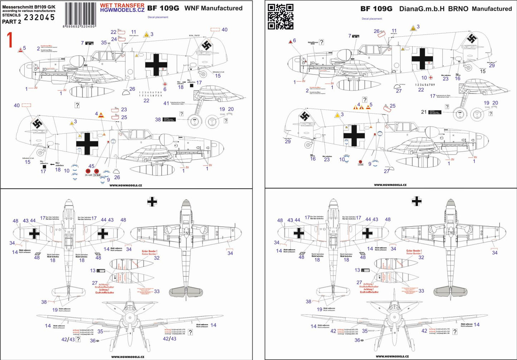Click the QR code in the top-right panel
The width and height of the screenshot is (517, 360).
(281, 16)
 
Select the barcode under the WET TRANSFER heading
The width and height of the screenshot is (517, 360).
(78, 22)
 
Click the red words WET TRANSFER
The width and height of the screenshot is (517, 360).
(122, 5)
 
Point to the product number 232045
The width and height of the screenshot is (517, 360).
(39, 17)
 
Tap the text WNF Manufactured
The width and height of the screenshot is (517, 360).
(213, 8)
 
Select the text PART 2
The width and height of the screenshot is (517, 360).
(11, 21)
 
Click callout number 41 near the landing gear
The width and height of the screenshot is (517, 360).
(166, 103)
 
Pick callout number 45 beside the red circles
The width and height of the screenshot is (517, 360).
(92, 166)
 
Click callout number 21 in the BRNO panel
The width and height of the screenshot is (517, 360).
(424, 112)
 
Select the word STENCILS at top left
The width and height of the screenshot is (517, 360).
(11, 15)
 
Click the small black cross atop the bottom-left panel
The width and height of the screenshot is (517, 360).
(152, 202)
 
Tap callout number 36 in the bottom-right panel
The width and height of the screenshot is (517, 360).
(357, 340)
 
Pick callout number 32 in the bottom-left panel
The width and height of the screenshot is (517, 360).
(157, 258)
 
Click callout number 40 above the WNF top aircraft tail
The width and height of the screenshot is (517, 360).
(224, 30)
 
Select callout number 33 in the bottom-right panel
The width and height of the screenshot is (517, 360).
(421, 291)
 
